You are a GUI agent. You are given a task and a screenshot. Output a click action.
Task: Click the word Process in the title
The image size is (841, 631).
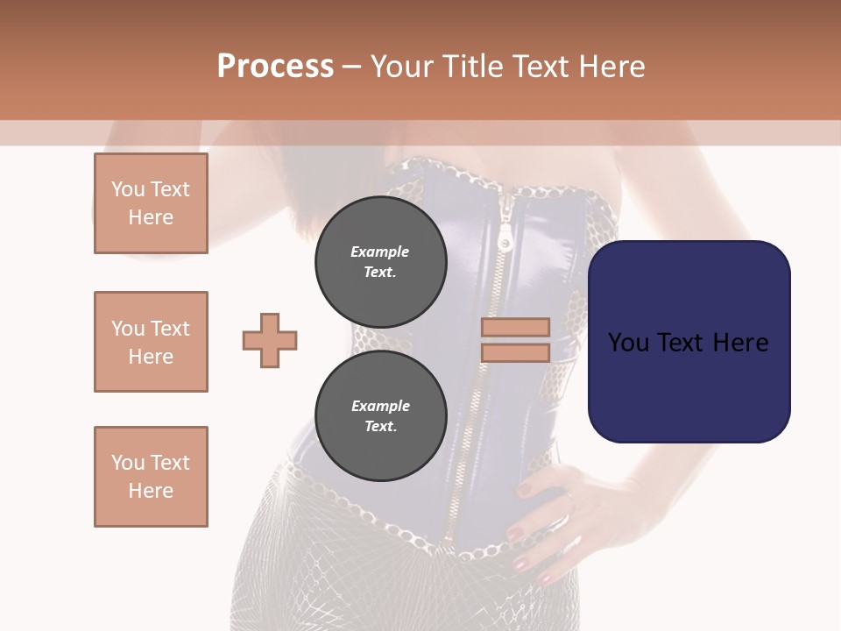pyautogui.click(x=275, y=67)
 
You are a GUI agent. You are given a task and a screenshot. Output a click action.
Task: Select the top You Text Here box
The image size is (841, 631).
pyautogui.click(x=151, y=203)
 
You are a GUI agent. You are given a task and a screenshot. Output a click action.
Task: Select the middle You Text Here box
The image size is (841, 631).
pyautogui.click(x=151, y=342)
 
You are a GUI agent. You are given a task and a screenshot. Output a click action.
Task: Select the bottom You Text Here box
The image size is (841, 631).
pyautogui.click(x=151, y=477)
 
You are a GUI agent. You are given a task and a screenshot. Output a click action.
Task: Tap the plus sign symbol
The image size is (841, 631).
pyautogui.click(x=270, y=340)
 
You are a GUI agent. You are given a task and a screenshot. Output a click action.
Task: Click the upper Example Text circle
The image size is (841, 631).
pyautogui.click(x=380, y=261)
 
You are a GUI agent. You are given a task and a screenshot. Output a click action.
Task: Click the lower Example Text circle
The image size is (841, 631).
pyautogui.click(x=380, y=415)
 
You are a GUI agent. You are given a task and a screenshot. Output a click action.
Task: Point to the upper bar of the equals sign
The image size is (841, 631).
pyautogui.click(x=515, y=327)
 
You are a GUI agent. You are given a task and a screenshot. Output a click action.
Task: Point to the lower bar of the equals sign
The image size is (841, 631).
pyautogui.click(x=515, y=352)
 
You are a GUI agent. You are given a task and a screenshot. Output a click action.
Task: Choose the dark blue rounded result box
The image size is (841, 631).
pyautogui.click(x=689, y=341)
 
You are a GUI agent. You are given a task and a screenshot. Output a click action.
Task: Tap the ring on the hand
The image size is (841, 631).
pyautogui.click(x=570, y=499)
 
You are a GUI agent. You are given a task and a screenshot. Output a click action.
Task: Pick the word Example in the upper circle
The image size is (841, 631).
pyautogui.click(x=380, y=252)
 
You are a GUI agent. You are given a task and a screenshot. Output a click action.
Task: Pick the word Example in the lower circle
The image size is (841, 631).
pyautogui.click(x=380, y=406)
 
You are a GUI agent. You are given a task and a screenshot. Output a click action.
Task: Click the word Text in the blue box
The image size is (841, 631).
pyautogui.click(x=681, y=342)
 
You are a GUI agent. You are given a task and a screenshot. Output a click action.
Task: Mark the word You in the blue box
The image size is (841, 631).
pyautogui.click(x=628, y=342)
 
